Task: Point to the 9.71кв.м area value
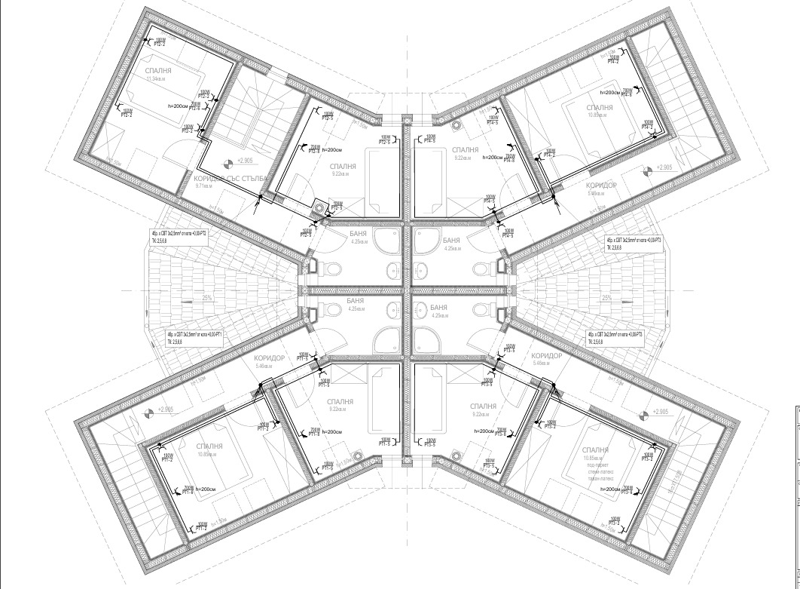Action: [206, 186]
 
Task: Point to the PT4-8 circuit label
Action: [508, 160]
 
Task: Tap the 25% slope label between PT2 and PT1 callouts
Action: [186, 298]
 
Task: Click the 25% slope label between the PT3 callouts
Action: [607, 298]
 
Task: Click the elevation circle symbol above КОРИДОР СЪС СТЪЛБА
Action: [227, 162]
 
